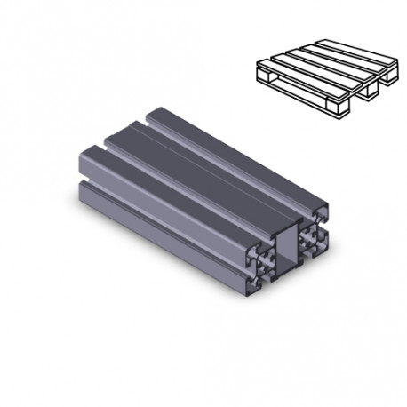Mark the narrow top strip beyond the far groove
(x=240, y=133)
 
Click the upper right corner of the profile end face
(x=328, y=210)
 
